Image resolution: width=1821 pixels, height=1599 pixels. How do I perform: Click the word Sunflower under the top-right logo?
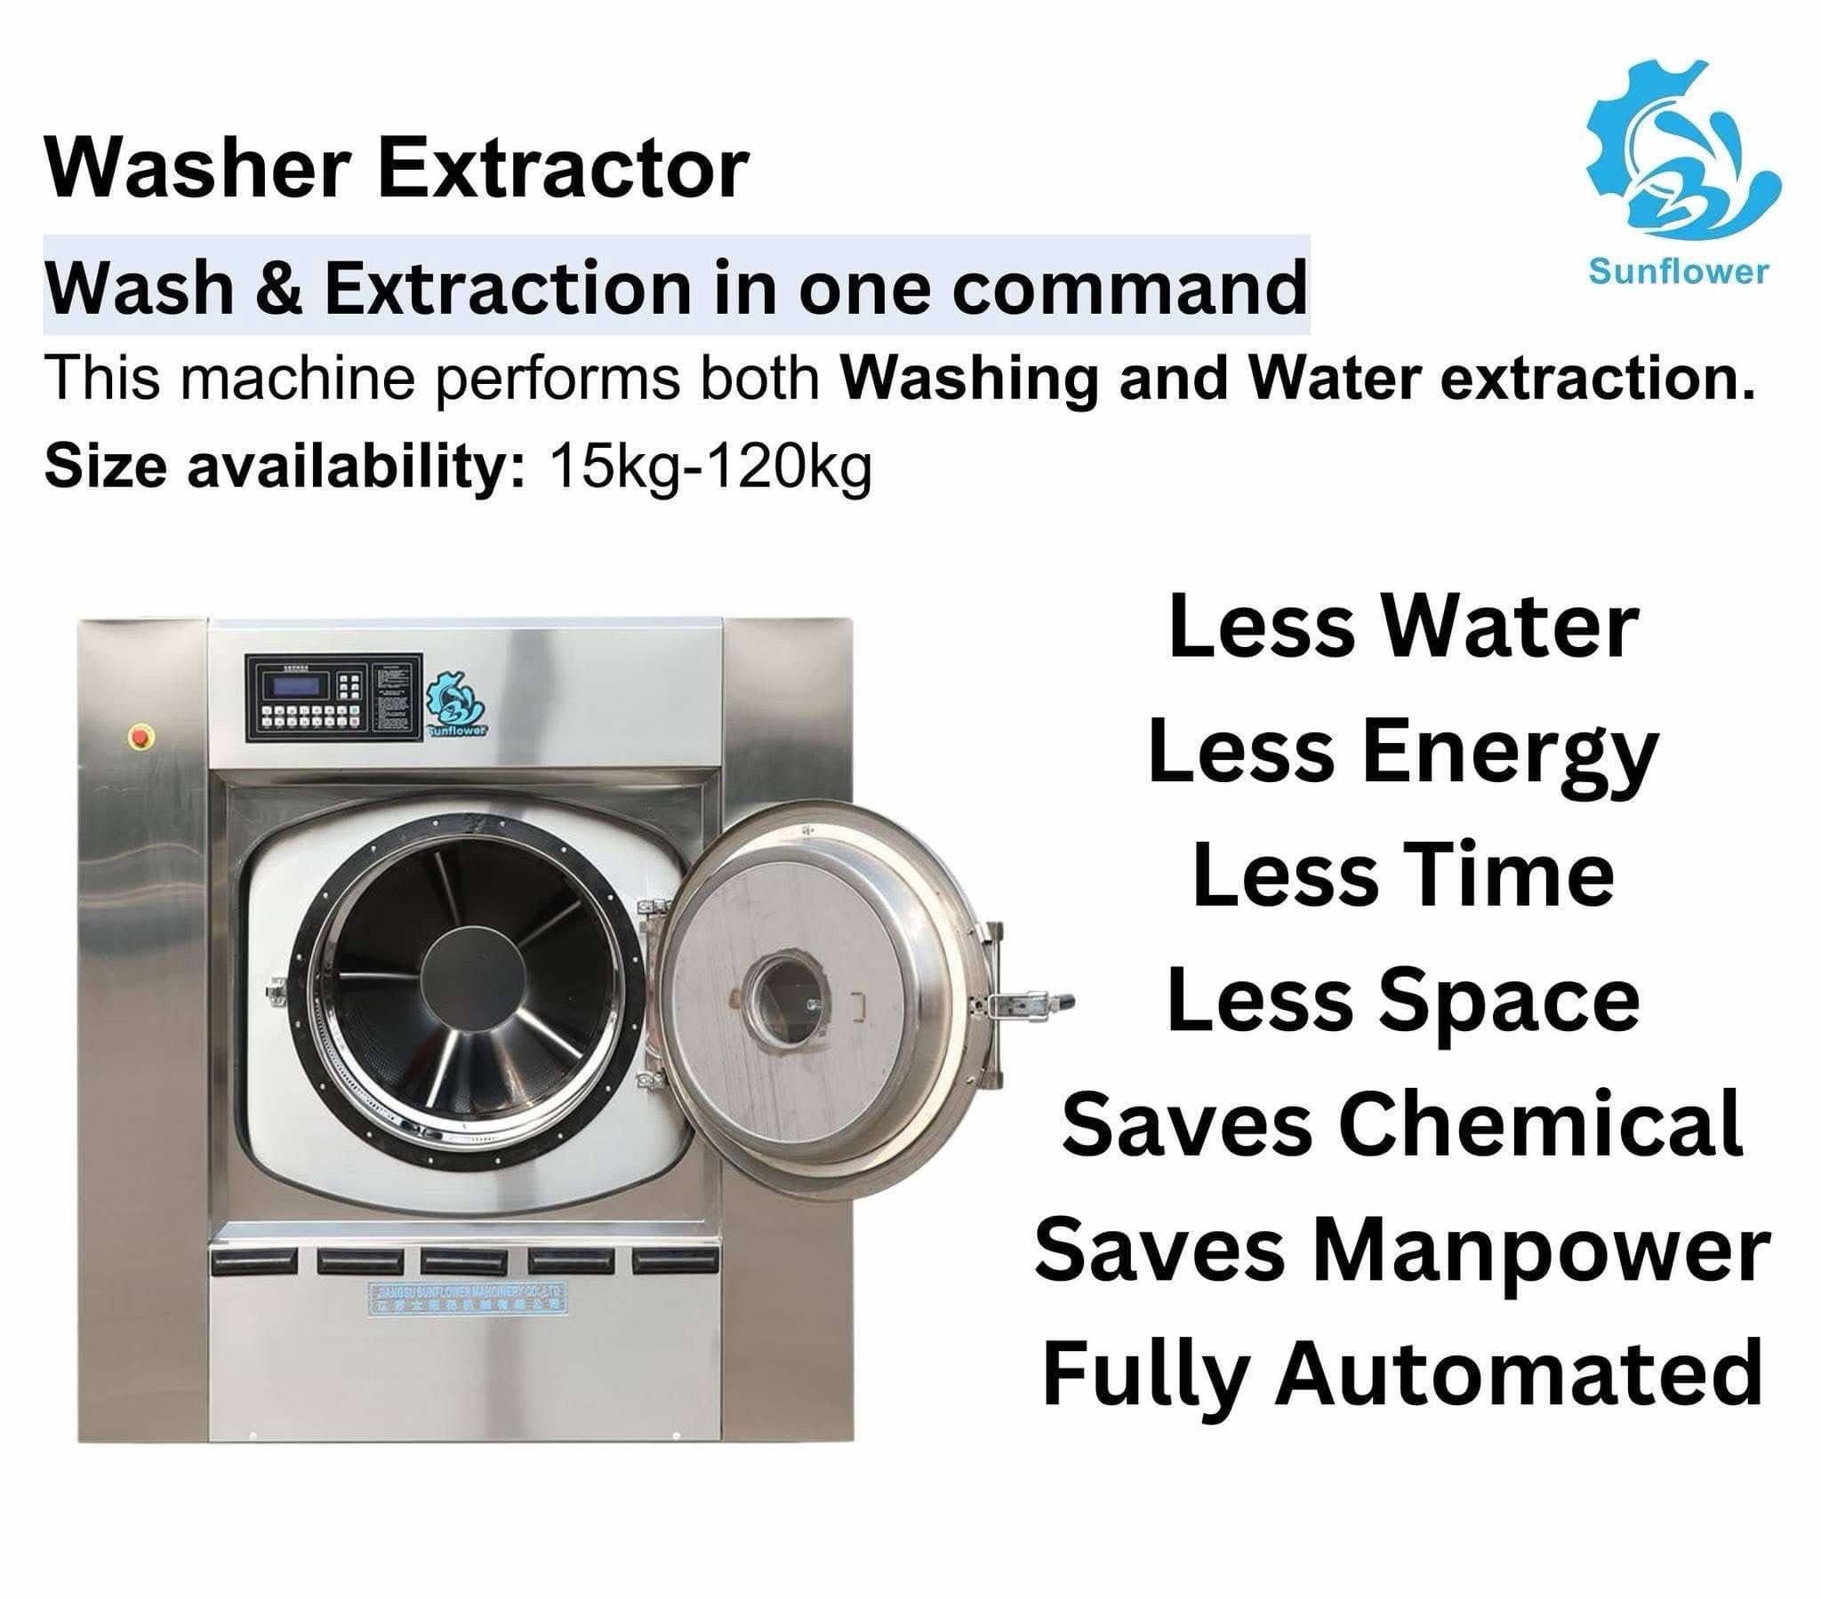[x=1679, y=271]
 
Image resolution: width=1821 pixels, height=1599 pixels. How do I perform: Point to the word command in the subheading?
[x=1128, y=288]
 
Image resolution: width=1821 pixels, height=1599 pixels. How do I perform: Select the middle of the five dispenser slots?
[x=464, y=1259]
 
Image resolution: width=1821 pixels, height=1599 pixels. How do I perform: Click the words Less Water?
[x=1403, y=628]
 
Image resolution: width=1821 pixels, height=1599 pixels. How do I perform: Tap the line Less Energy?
[x=1403, y=754]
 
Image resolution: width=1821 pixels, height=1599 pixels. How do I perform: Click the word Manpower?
[x=1541, y=1250]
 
